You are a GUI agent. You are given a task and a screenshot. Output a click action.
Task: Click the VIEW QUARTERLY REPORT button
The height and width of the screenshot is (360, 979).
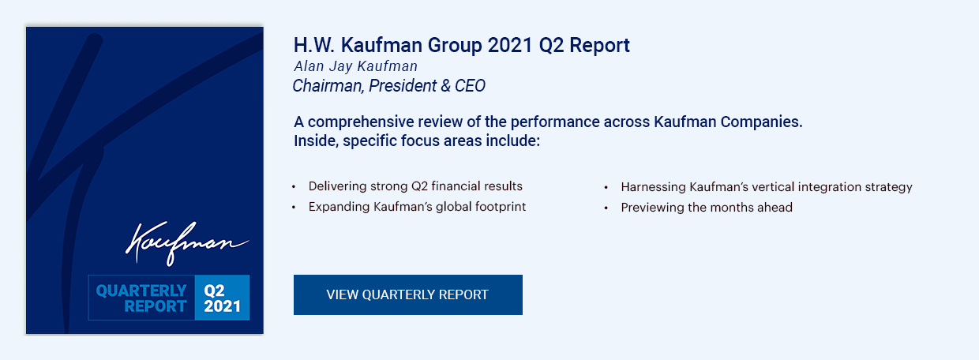coord(407,294)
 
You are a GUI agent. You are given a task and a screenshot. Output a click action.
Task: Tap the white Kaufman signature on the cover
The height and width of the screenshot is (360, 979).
coord(187,243)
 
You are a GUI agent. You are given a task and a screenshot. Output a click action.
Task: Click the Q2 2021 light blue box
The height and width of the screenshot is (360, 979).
coord(222,298)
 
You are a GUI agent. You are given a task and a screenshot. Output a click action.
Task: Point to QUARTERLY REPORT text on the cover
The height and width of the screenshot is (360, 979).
coord(141,298)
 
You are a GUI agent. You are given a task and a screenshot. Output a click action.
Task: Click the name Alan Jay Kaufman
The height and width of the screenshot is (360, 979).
coord(356,66)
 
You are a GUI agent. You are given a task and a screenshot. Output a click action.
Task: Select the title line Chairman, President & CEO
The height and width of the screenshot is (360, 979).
coord(389,85)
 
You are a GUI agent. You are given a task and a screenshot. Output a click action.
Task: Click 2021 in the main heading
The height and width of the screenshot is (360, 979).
coord(510,45)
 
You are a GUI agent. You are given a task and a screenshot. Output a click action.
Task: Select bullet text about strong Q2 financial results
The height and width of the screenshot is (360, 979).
coord(415,186)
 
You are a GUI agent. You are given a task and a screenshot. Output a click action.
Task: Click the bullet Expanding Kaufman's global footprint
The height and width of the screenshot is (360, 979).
coord(417,207)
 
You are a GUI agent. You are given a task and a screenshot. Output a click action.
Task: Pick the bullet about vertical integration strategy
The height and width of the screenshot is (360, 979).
coord(767,187)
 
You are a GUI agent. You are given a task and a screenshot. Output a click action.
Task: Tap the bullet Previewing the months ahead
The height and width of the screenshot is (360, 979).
coord(707,207)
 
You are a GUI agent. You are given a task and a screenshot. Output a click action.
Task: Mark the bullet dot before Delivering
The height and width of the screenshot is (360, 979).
coord(294,187)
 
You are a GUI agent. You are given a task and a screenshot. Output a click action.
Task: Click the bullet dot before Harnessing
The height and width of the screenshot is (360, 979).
coord(606,187)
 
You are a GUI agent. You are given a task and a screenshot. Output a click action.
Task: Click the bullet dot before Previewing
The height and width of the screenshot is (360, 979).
coord(606,208)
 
